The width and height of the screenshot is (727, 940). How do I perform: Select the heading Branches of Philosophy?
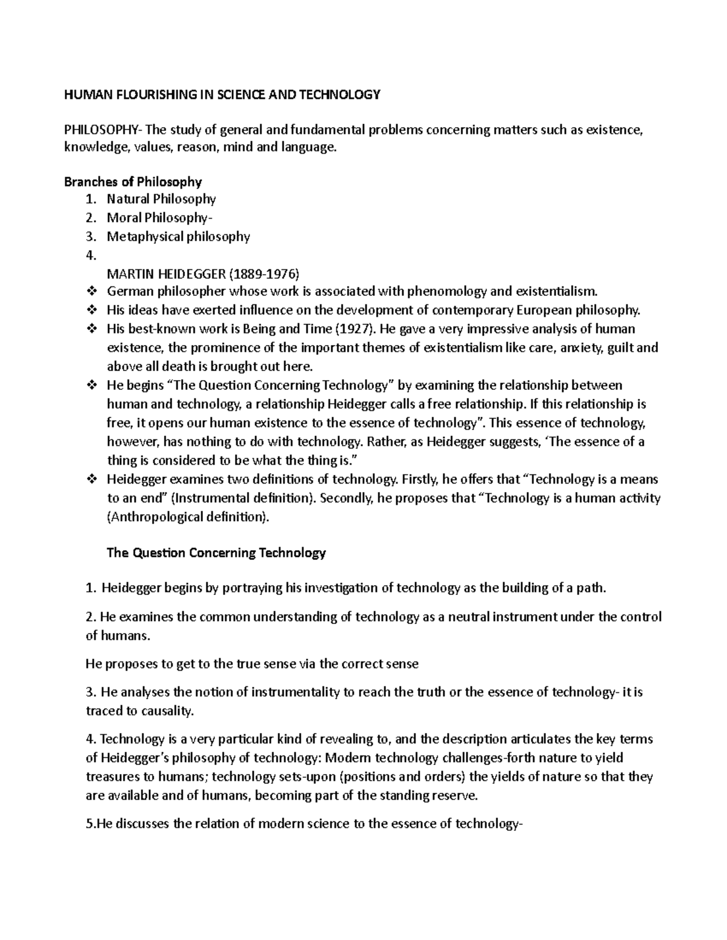[133, 182]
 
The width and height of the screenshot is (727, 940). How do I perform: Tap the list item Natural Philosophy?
[161, 199]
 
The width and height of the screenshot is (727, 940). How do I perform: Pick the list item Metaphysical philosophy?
[178, 237]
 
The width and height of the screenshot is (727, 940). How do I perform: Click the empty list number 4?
[91, 255]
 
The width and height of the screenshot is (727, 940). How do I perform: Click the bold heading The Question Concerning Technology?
[216, 553]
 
